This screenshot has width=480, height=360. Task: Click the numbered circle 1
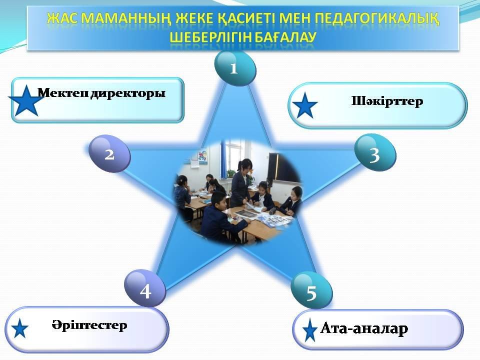(235, 68)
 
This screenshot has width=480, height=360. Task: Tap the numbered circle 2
(109, 153)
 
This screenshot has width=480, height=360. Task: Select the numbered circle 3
(375, 152)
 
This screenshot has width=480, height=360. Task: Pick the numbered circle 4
(145, 288)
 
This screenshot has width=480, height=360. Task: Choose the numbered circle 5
(311, 291)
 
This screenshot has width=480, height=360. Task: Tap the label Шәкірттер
(387, 101)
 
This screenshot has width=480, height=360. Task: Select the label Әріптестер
(89, 325)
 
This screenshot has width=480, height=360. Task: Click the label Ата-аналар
(364, 328)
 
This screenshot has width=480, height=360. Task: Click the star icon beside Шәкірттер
(305, 106)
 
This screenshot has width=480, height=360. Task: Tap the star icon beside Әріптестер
(20, 328)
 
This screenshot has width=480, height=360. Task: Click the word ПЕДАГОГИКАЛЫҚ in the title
(377, 19)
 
